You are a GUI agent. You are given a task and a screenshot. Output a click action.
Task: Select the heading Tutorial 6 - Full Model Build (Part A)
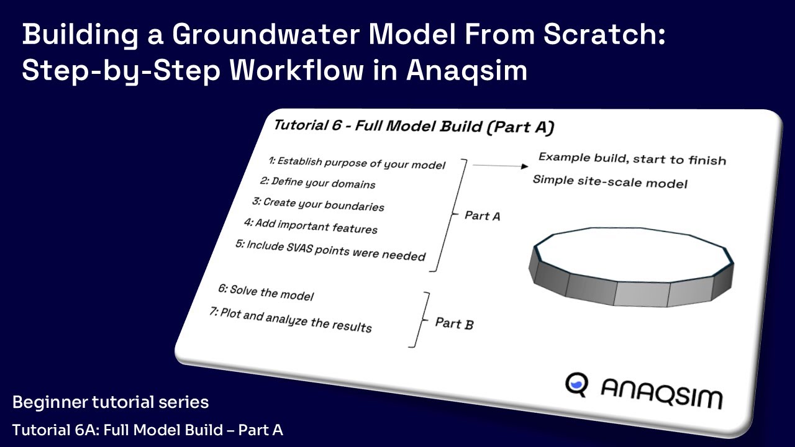coord(413,127)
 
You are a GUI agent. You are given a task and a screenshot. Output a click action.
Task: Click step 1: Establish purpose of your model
coord(357,163)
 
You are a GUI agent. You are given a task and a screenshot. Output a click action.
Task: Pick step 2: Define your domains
coord(317,183)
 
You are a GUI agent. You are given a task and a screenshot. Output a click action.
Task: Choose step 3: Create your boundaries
coord(317,204)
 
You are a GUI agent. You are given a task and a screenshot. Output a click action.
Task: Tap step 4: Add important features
coord(310,225)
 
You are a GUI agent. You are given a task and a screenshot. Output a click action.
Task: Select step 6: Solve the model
coord(265,292)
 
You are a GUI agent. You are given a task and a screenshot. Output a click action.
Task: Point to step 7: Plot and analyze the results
coord(290,320)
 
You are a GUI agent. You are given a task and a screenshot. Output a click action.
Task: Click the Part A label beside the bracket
coord(482,215)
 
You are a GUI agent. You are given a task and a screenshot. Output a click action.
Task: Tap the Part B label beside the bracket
coord(454,323)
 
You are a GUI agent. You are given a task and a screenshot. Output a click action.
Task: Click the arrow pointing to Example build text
coord(500,166)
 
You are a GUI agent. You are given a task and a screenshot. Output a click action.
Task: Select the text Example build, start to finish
coord(632,158)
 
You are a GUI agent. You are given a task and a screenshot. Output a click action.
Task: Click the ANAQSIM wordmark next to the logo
coord(661,394)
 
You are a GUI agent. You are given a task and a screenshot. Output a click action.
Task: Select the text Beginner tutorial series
coord(111,402)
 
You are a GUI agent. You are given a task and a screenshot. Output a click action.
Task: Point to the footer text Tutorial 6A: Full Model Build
coord(148,430)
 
